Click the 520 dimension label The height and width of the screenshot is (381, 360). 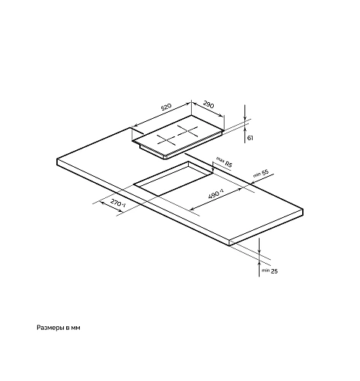click(167, 107)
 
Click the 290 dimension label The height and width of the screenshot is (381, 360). click(209, 104)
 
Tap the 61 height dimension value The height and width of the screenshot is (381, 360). click(250, 138)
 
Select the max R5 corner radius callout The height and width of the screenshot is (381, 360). click(224, 162)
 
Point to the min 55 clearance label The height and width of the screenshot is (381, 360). click(261, 173)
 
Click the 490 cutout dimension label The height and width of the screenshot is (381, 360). click(216, 194)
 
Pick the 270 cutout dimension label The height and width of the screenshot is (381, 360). click(118, 203)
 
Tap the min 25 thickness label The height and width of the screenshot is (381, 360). click(269, 271)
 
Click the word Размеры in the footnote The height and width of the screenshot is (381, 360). click(50, 328)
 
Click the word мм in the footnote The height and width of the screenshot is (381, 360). click(76, 328)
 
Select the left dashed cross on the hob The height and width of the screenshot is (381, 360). click(166, 140)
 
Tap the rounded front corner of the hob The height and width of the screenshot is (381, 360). click(165, 157)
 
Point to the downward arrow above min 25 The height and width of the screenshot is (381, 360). click(259, 245)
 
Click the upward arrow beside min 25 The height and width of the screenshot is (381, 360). click(259, 268)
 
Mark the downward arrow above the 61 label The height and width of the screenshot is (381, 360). click(245, 113)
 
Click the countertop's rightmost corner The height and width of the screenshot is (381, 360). click(303, 210)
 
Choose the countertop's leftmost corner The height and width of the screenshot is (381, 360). click(57, 160)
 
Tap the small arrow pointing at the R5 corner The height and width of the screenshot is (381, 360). click(212, 168)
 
